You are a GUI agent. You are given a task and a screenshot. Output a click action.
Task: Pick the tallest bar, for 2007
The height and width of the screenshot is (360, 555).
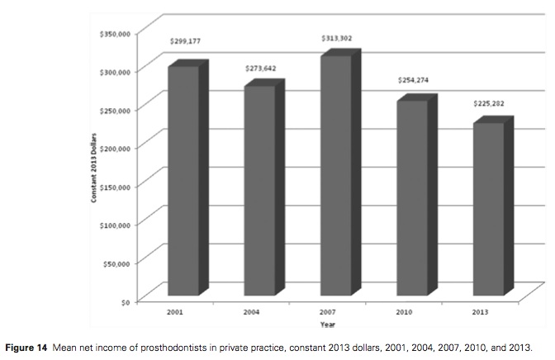[335, 175]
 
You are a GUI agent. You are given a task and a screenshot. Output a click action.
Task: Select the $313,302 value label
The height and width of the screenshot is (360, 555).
[337, 38]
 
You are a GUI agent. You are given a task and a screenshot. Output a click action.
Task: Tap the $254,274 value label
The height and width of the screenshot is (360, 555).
[412, 80]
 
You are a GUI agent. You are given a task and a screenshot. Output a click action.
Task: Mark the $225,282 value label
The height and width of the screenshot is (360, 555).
[488, 104]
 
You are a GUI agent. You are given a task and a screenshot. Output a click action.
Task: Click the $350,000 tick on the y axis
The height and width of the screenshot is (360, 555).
[115, 34]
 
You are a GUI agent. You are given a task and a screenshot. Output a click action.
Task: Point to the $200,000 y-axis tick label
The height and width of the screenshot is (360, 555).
[115, 148]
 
